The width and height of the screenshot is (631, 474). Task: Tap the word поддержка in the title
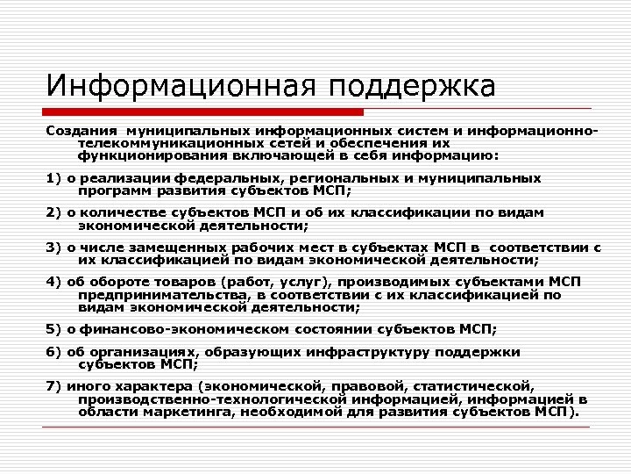tap(414, 88)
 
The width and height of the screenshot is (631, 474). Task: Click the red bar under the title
tap(205, 112)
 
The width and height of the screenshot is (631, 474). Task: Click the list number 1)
tap(54, 177)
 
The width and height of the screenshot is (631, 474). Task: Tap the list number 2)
tap(54, 212)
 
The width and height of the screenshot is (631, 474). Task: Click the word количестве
tap(123, 212)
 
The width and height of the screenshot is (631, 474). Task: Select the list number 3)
tap(54, 247)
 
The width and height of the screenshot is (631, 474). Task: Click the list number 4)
tap(54, 282)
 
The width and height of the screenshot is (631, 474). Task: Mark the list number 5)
tap(54, 329)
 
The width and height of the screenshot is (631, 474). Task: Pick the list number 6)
tap(54, 351)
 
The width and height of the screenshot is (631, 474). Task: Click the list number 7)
tap(54, 385)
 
